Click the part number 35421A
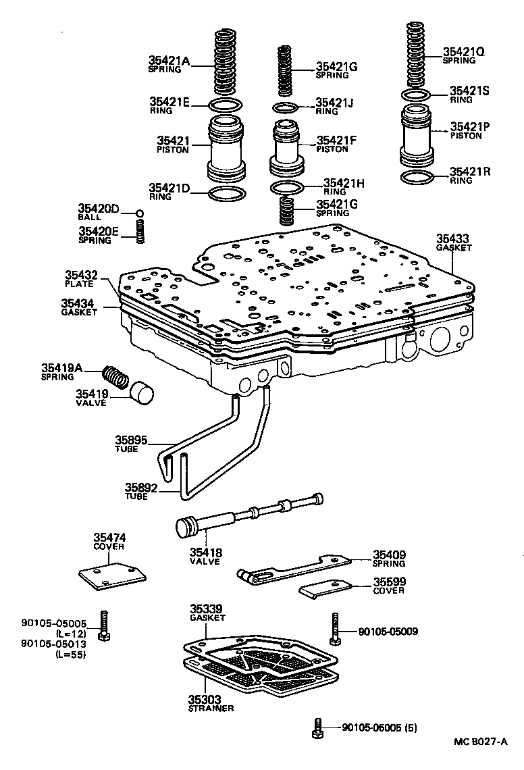point(169,61)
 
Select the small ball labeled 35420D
point(140,214)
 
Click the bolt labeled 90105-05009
point(335,628)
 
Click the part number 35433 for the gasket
point(452,238)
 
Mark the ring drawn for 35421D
point(226,195)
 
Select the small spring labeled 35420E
point(140,233)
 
